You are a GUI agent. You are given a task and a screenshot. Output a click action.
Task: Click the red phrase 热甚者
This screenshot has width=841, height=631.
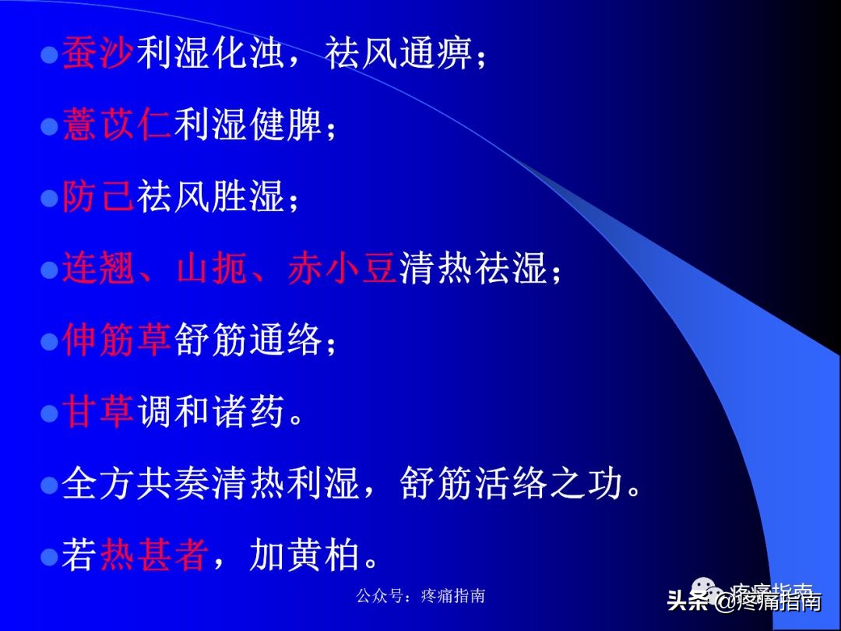[x=155, y=556]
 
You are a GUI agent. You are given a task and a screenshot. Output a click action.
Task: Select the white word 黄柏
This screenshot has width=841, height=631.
[x=324, y=556]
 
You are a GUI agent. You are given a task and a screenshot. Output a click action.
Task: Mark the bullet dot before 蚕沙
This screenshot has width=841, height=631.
[x=50, y=56]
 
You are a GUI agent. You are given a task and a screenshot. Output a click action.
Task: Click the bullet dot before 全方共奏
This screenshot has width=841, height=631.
[x=50, y=486]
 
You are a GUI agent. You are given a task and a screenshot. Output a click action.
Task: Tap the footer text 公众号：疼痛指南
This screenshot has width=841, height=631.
[x=420, y=596]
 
